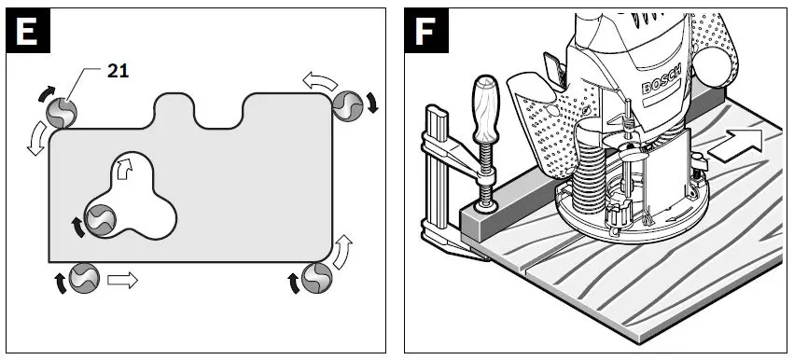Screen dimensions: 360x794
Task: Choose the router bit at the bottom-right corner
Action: coord(317,276)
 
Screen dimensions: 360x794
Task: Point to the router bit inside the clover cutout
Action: coord(101,219)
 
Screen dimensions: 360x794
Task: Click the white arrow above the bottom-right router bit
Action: coord(342,249)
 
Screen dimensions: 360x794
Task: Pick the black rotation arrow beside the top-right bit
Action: coord(372,103)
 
